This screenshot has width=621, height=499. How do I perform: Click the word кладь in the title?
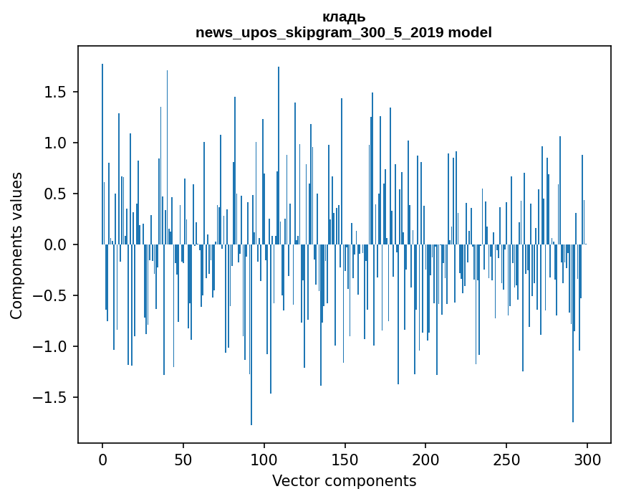pyautogui.click(x=344, y=17)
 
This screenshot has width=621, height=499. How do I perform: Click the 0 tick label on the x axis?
pyautogui.click(x=102, y=459)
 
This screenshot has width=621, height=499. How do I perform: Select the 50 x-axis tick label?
pyautogui.click(x=183, y=459)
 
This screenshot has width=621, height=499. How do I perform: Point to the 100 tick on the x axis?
pyautogui.click(x=264, y=459)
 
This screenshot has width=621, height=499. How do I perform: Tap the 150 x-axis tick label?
pyautogui.click(x=345, y=459)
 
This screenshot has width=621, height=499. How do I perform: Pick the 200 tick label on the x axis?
pyautogui.click(x=425, y=459)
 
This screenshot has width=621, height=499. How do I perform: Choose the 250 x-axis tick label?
pyautogui.click(x=506, y=459)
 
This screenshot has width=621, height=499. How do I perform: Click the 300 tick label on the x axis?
pyautogui.click(x=587, y=459)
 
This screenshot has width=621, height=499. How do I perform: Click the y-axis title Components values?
pyautogui.click(x=16, y=245)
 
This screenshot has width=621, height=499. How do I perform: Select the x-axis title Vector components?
pyautogui.click(x=344, y=481)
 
